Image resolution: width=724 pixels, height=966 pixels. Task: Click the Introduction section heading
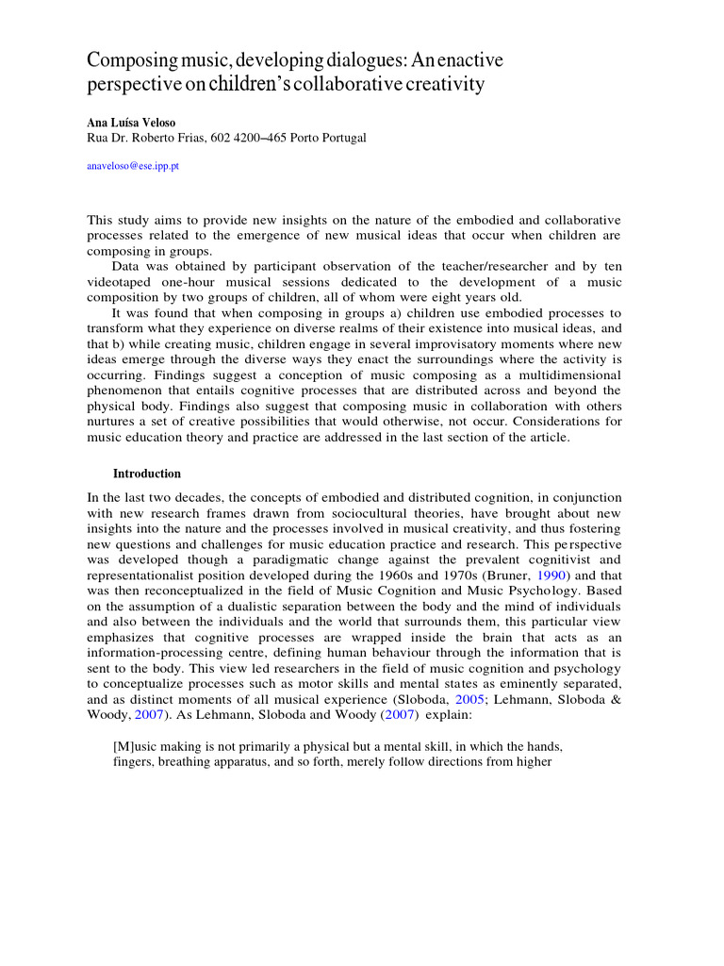click(146, 474)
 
